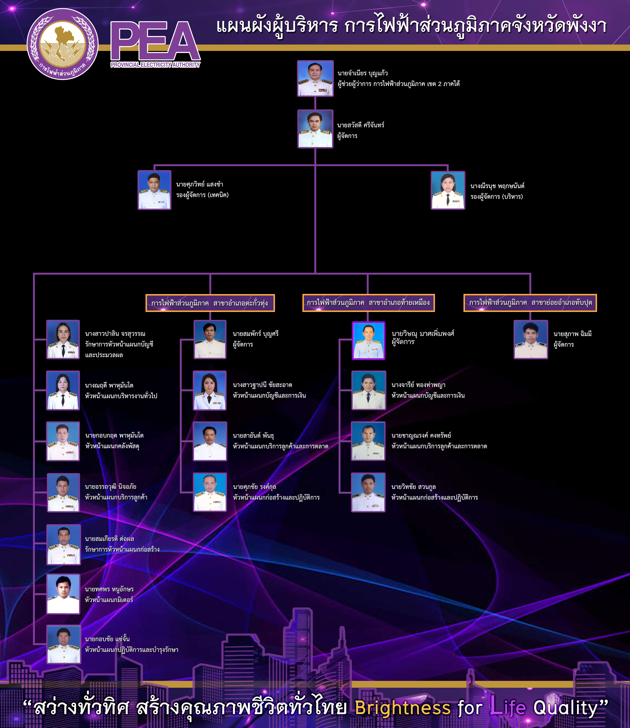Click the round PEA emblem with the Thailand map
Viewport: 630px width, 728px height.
pos(63,44)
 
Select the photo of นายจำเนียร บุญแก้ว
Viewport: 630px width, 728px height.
pos(315,78)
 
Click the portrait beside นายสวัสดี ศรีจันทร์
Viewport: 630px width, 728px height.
pos(315,129)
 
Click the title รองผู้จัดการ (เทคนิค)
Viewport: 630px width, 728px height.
pos(202,195)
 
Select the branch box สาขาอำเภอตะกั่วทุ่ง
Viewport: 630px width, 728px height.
pos(210,303)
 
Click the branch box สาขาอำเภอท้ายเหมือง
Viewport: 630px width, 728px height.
pos(368,303)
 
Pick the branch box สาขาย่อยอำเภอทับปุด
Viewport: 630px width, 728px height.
pos(530,303)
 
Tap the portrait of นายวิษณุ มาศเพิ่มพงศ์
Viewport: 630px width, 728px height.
pos(368,340)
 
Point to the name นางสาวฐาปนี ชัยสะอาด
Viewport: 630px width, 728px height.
pos(262,385)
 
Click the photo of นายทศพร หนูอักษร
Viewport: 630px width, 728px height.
pos(63,594)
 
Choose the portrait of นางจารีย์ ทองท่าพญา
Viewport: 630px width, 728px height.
pos(368,390)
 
